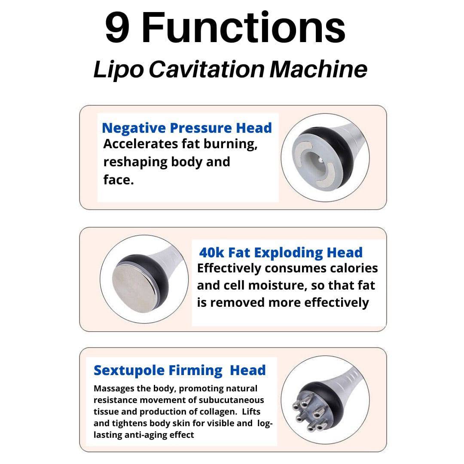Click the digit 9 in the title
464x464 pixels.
point(117,27)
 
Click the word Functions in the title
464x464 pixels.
point(244,27)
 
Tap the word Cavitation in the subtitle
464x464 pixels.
point(207,69)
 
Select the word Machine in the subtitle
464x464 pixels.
point(318,69)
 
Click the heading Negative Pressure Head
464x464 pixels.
point(187,128)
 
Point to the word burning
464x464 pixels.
point(230,144)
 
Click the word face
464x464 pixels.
point(119,180)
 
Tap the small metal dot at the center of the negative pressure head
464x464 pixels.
point(321,160)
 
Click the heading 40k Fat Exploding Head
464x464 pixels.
point(281,253)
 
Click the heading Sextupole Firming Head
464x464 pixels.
point(180,370)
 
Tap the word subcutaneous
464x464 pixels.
point(231,400)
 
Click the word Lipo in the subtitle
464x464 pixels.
point(119,70)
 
